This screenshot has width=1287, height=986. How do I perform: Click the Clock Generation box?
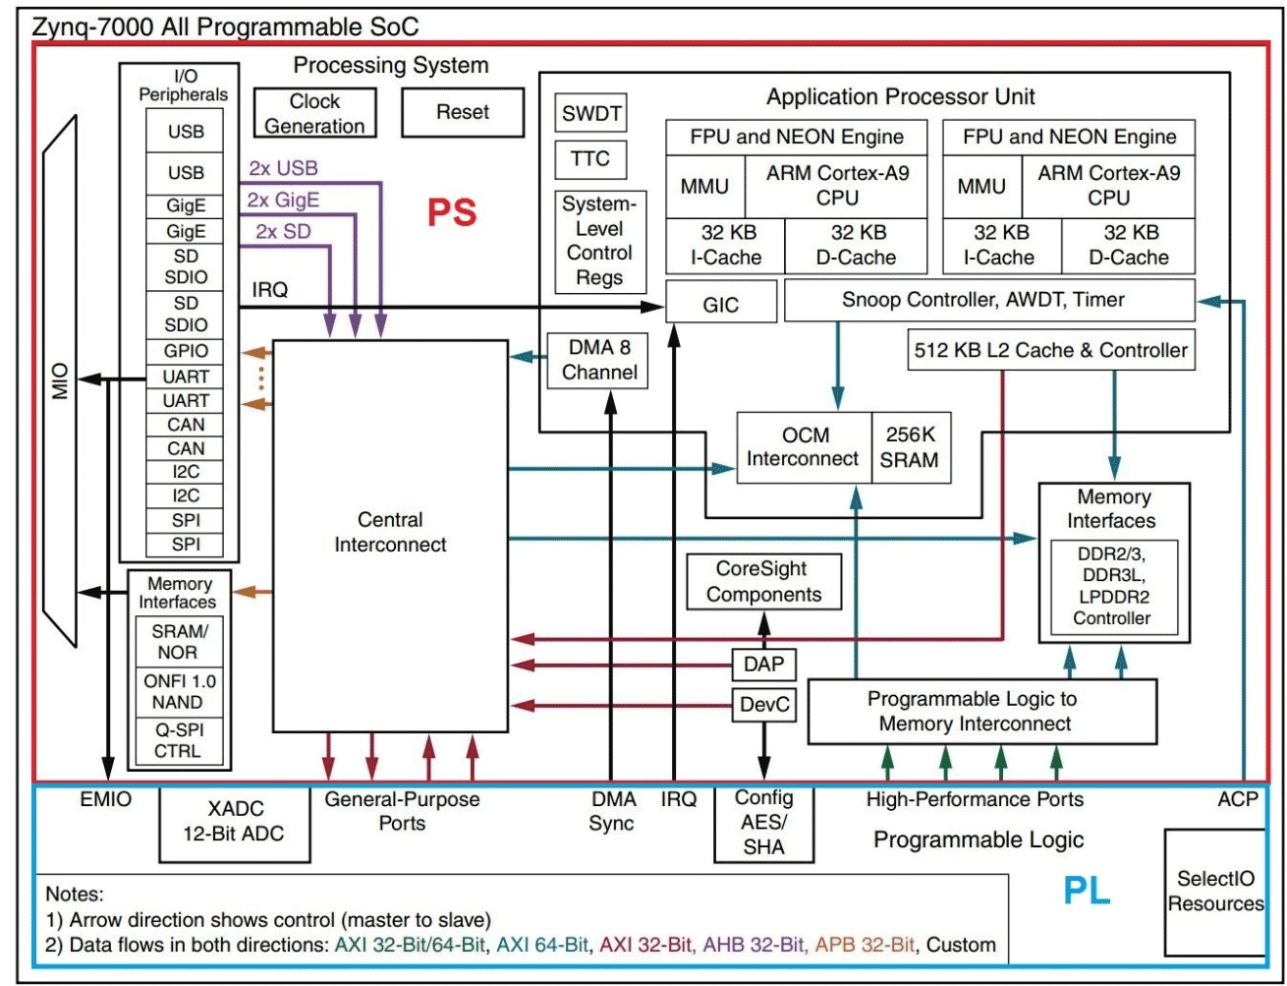pos(314,114)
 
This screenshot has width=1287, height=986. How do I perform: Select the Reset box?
pos(463,112)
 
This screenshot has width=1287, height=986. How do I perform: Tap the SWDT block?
pos(590,114)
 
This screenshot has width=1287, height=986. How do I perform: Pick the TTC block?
pos(590,158)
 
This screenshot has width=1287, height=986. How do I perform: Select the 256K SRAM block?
pos(912,447)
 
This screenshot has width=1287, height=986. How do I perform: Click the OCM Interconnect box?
pos(804,447)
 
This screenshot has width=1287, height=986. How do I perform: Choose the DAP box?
pos(763,665)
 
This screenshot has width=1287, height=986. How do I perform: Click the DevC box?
pos(763,705)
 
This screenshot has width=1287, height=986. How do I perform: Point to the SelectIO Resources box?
pos(1215,891)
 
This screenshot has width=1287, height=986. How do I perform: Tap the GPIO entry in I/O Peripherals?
pos(186,352)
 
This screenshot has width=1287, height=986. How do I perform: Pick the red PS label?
pos(452,213)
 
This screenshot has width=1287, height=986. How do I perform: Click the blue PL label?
pos(1087,891)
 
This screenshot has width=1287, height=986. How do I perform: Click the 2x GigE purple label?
pos(283,201)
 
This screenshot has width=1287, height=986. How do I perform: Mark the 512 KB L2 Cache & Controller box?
pos(1050,350)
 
